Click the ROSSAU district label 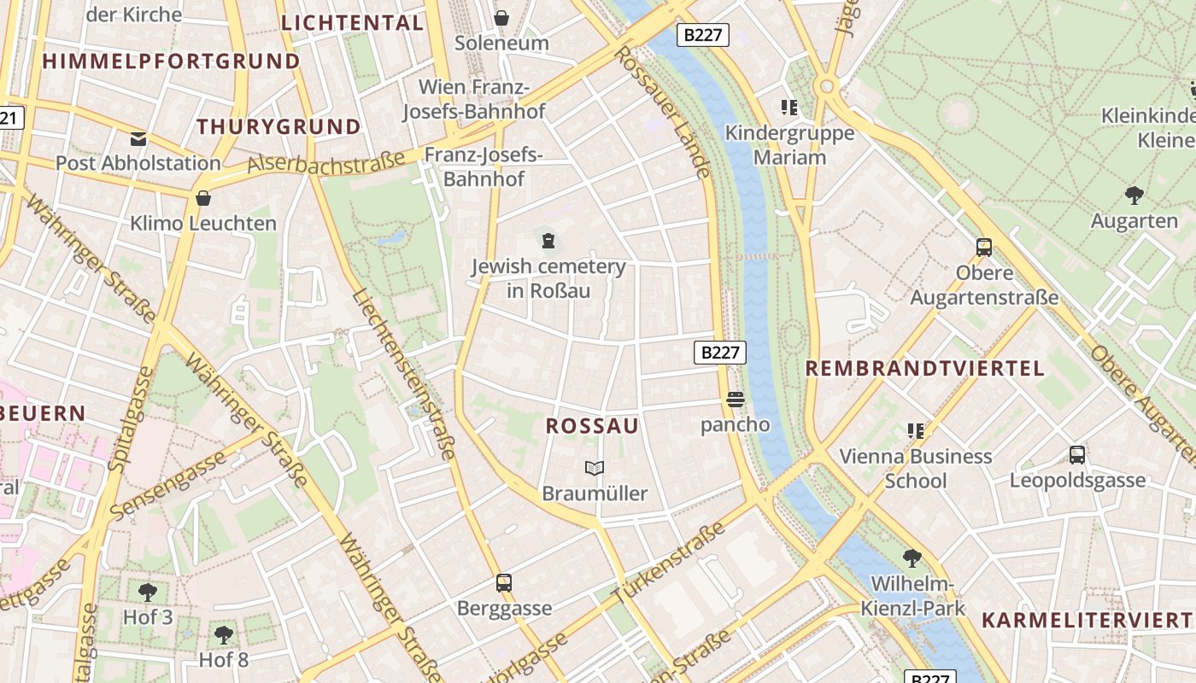[x=592, y=426]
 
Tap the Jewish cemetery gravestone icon [x=548, y=240]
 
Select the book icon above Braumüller [x=595, y=468]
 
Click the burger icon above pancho [x=735, y=399]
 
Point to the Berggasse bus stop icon [x=504, y=583]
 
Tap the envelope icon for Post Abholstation [x=138, y=138]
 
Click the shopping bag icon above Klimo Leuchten [x=203, y=198]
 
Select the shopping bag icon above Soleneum [x=501, y=18]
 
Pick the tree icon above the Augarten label [x=1134, y=196]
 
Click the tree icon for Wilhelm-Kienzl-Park [x=912, y=558]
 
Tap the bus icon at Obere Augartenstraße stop [x=984, y=248]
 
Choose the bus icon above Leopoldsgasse [x=1077, y=455]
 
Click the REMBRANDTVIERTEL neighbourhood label [x=925, y=369]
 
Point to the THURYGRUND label [x=278, y=127]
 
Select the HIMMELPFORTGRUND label [x=171, y=61]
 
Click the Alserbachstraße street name [x=326, y=162]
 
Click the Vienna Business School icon [x=916, y=431]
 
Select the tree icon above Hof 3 [x=148, y=591]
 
